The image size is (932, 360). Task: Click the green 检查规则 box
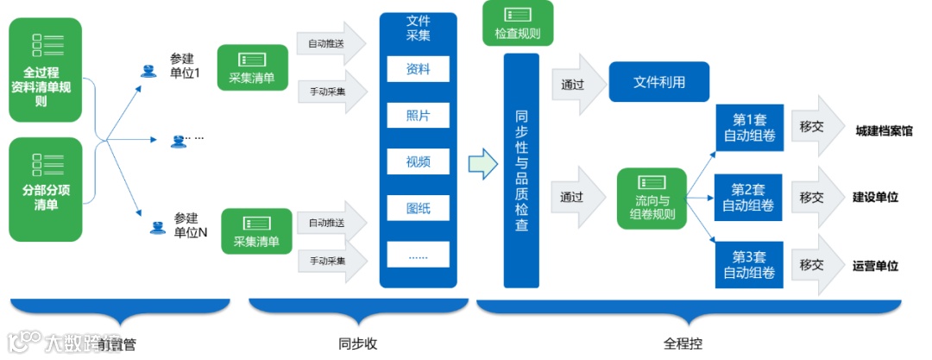tap(518, 24)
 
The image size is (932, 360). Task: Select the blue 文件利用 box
tap(659, 84)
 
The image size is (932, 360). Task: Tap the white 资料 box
tap(418, 69)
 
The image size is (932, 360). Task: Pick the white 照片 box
tap(418, 115)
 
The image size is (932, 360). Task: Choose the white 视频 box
tap(418, 161)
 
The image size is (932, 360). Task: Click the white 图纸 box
tap(418, 207)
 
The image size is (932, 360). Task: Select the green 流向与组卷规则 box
tap(652, 199)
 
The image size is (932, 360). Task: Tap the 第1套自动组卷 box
tap(748, 127)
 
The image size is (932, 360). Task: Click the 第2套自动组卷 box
tap(748, 197)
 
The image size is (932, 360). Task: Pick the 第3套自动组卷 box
tap(748, 265)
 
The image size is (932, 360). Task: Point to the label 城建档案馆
tap(884, 131)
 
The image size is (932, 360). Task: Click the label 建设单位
tap(875, 197)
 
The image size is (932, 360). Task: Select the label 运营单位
tap(875, 266)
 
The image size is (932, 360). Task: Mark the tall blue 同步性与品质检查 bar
tap(521, 170)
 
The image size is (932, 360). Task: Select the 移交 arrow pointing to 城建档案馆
tap(815, 127)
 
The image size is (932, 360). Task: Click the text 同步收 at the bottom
tap(358, 344)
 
